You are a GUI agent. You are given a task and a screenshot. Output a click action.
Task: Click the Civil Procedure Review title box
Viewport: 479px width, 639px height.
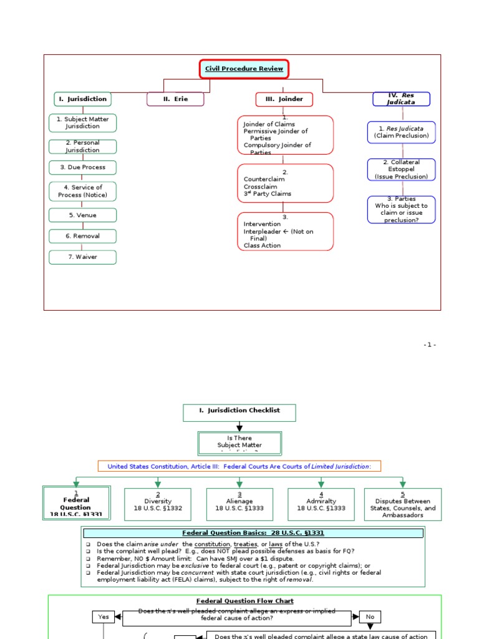(x=244, y=69)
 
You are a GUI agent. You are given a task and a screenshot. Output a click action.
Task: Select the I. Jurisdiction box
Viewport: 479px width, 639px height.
(x=82, y=99)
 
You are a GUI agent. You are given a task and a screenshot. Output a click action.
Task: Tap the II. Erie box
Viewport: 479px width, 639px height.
(x=175, y=99)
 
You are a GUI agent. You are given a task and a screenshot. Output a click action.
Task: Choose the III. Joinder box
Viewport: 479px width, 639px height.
(x=284, y=99)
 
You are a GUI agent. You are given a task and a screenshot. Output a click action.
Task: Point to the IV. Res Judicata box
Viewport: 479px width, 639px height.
(x=402, y=99)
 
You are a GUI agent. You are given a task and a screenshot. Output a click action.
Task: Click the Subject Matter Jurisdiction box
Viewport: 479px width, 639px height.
(x=82, y=122)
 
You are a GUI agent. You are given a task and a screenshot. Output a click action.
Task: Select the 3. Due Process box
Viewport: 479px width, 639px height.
(x=82, y=167)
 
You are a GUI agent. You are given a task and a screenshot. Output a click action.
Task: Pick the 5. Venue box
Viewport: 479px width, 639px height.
(x=82, y=215)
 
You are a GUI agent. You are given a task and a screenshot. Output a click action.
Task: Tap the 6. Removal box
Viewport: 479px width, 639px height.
(x=82, y=236)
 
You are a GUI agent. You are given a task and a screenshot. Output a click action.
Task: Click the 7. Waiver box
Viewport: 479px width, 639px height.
(x=82, y=256)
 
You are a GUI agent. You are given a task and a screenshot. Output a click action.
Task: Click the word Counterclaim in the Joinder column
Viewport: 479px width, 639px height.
(x=264, y=179)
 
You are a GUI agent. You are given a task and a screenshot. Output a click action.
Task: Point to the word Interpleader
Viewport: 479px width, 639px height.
(x=262, y=232)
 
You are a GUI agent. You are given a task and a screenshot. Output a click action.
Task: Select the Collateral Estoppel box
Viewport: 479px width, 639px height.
(x=402, y=169)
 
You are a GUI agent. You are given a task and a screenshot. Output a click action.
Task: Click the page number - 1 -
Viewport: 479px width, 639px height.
(x=429, y=345)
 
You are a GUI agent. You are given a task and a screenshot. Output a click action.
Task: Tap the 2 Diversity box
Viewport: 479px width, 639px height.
(x=158, y=504)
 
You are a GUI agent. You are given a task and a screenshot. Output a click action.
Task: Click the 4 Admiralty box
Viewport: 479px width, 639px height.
(x=321, y=504)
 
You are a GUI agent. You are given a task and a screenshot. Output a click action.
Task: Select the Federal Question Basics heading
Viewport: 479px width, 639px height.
(x=253, y=533)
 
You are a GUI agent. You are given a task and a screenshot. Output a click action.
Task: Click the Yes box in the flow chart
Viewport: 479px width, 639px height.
(x=104, y=617)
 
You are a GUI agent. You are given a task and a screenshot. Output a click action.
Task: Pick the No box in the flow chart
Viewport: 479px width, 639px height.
(x=370, y=617)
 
